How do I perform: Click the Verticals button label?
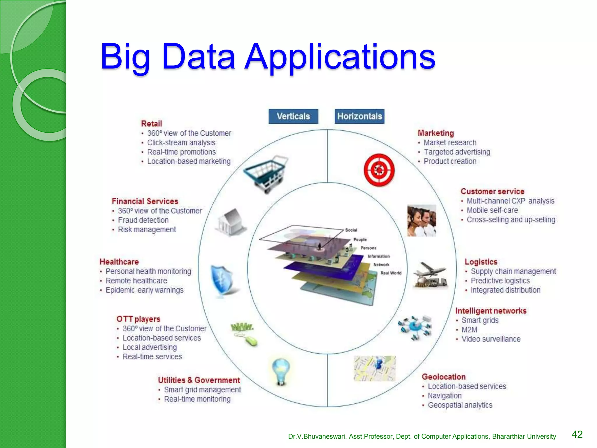[293, 116]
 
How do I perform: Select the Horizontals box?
[359, 116]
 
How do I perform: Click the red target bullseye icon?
[379, 170]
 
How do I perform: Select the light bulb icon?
[281, 371]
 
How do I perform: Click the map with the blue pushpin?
[375, 368]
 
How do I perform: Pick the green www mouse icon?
[244, 334]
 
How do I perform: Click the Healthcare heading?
[119, 262]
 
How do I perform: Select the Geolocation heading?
[444, 377]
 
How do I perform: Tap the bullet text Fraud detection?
[143, 220]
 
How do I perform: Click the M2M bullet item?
[469, 330]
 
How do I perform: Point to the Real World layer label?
[391, 273]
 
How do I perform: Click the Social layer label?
[351, 230]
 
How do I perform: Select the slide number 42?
[577, 434]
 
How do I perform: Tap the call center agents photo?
[422, 220]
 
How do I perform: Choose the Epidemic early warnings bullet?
[145, 290]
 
